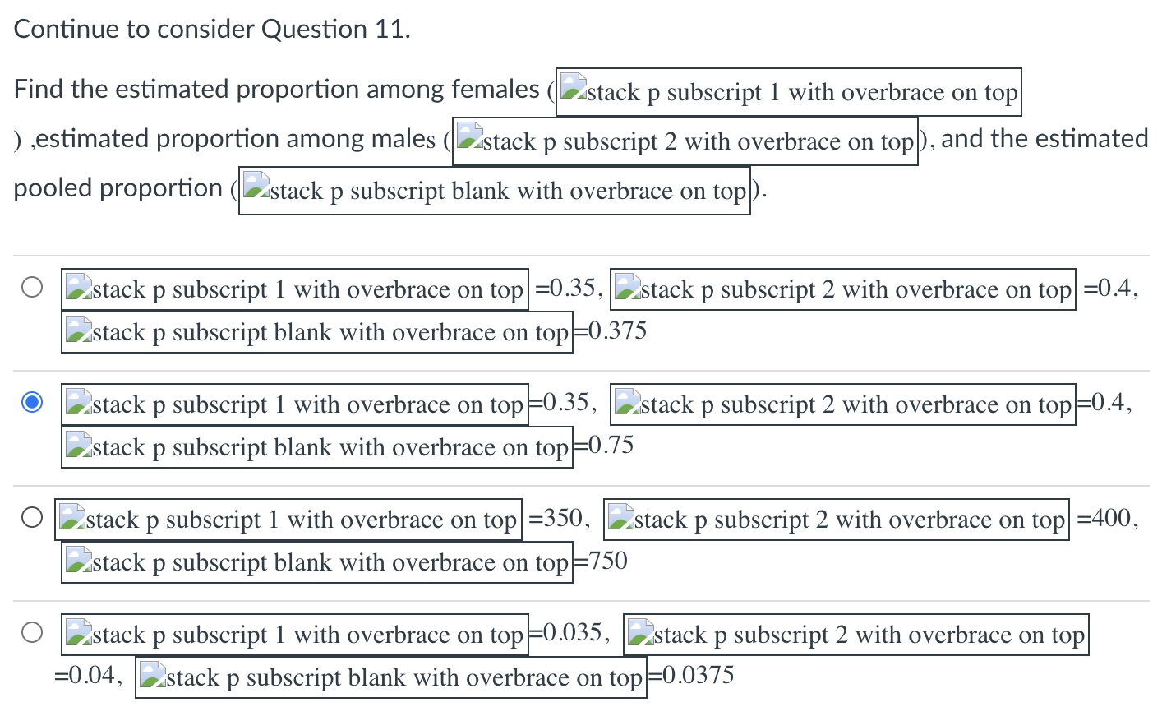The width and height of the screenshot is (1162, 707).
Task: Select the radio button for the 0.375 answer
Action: [x=32, y=288]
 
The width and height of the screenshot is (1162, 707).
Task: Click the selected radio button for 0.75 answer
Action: [x=32, y=403]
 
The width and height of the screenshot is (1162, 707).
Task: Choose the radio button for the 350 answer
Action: [x=32, y=518]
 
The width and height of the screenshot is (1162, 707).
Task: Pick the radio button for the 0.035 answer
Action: [x=32, y=633]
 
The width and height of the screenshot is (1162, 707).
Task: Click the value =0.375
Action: [x=611, y=331]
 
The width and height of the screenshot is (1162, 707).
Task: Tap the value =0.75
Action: [x=604, y=446]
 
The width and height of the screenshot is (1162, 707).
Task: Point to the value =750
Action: [x=601, y=561]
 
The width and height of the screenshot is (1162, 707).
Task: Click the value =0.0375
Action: [x=691, y=677]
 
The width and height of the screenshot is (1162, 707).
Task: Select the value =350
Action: [x=559, y=519]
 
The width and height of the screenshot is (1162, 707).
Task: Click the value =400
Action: [x=1107, y=519]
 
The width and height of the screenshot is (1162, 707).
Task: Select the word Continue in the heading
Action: [x=67, y=30]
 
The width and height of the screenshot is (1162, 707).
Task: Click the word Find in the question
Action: [x=39, y=89]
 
